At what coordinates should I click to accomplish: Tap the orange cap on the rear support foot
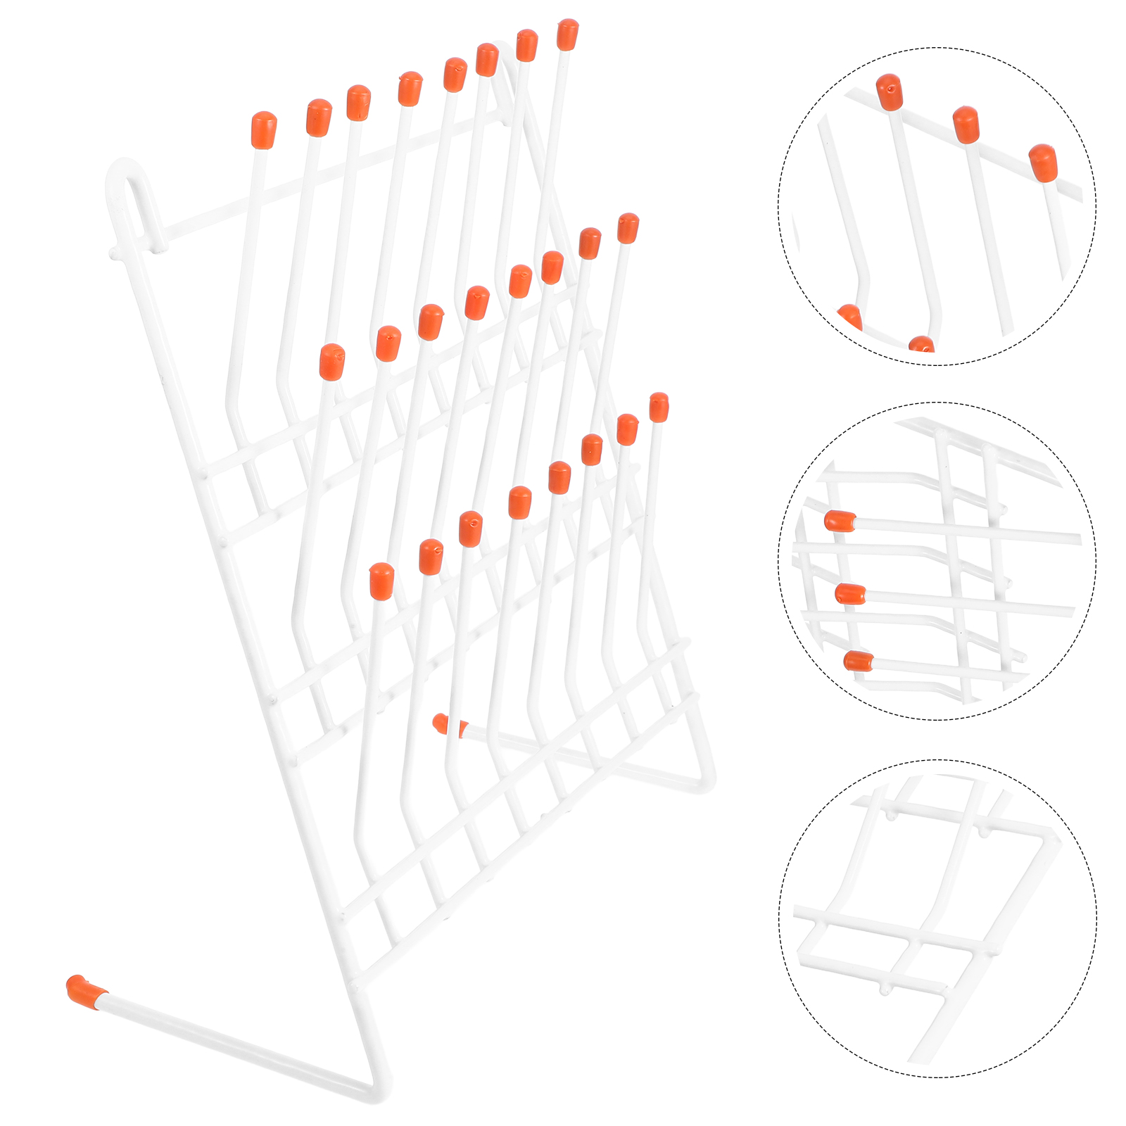[x=444, y=724]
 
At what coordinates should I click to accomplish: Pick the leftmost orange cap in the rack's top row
[x=263, y=130]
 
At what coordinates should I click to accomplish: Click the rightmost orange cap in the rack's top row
[x=567, y=34]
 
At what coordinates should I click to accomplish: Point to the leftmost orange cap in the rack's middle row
[x=331, y=362]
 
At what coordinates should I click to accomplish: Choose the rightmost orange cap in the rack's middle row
[x=628, y=228]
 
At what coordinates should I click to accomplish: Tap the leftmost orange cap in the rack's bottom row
[x=381, y=581]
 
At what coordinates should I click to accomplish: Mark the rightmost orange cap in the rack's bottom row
[x=659, y=407]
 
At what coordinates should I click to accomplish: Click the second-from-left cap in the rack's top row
[x=318, y=117]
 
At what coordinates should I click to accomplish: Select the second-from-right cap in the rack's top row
[x=526, y=45]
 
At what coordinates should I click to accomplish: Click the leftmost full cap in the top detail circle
[x=890, y=92]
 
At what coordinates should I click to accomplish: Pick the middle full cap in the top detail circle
[x=966, y=125]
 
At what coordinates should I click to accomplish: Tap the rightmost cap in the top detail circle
[x=1043, y=163]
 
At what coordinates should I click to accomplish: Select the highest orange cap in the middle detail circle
[x=840, y=521]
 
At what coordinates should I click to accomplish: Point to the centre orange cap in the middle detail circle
[x=850, y=594]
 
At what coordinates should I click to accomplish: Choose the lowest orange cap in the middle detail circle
[x=858, y=661]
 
